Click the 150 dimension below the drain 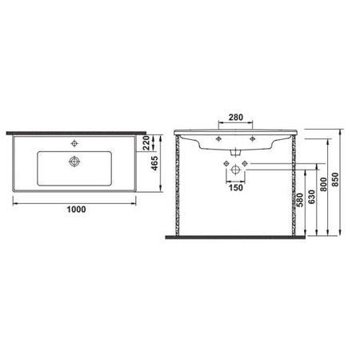click(235, 189)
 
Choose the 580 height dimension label click(299, 200)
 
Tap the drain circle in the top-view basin click(74, 161)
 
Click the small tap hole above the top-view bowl click(74, 145)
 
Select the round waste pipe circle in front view click(235, 170)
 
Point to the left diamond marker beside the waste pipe click(226, 164)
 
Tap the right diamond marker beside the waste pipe click(245, 164)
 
